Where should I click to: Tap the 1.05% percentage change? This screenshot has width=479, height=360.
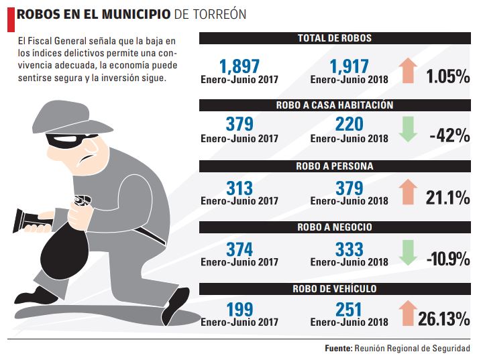coord(447,76)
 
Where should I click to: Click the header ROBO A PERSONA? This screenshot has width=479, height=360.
coord(334,166)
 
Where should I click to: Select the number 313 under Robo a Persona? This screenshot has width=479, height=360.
coord(239,187)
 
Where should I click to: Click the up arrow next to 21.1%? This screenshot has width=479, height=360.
coord(407,190)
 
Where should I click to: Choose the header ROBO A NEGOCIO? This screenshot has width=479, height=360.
coord(334,227)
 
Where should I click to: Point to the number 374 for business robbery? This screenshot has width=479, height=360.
coord(239,249)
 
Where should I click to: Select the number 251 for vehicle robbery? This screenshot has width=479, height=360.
coord(350,310)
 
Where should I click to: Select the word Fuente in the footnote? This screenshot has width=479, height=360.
coord(338,349)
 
